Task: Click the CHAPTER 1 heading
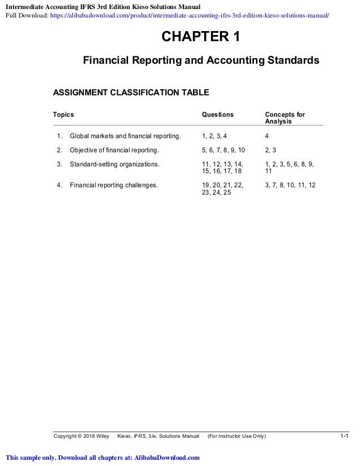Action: click(x=201, y=38)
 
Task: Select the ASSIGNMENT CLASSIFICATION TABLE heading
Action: click(x=131, y=92)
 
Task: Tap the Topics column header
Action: click(x=63, y=115)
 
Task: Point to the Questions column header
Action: click(x=218, y=115)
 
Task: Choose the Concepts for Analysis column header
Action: click(x=285, y=118)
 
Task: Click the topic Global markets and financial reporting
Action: click(x=126, y=136)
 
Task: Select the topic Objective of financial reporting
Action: click(x=115, y=151)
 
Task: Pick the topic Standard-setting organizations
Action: click(x=115, y=165)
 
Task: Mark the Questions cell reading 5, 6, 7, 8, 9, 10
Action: click(x=223, y=151)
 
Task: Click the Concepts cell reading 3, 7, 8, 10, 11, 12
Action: click(x=290, y=184)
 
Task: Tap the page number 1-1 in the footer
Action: click(x=344, y=436)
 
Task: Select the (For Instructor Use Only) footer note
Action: click(x=237, y=436)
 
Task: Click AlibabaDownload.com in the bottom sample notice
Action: click(x=166, y=458)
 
